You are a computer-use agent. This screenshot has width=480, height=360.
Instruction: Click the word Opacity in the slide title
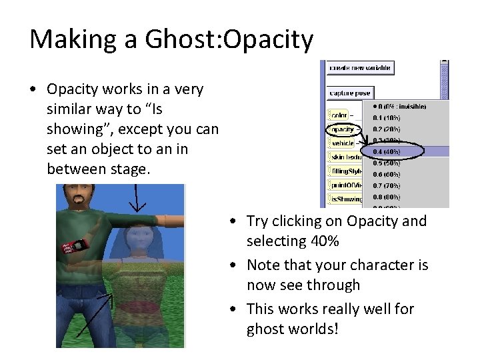[269, 40]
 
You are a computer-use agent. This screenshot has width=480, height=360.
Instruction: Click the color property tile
[339, 115]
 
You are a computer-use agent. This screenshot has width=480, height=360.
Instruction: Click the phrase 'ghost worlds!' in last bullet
[292, 329]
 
